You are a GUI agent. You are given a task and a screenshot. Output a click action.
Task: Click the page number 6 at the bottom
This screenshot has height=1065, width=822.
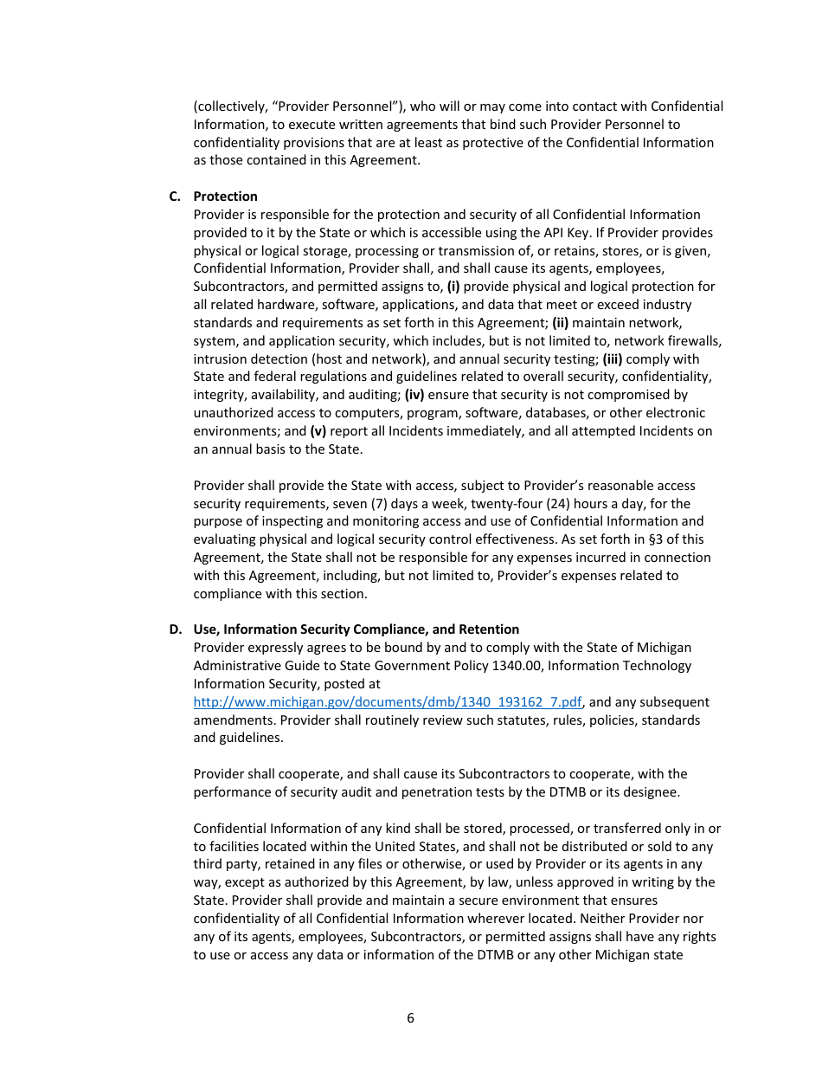click(410, 1018)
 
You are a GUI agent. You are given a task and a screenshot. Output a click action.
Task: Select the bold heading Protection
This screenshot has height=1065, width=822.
click(225, 197)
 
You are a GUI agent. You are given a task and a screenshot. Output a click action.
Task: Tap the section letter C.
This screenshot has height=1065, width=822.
click(174, 197)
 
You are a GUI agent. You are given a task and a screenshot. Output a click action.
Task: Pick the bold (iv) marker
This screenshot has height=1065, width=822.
click(414, 396)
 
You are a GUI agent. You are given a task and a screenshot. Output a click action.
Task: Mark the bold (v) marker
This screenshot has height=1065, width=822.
click(318, 431)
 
